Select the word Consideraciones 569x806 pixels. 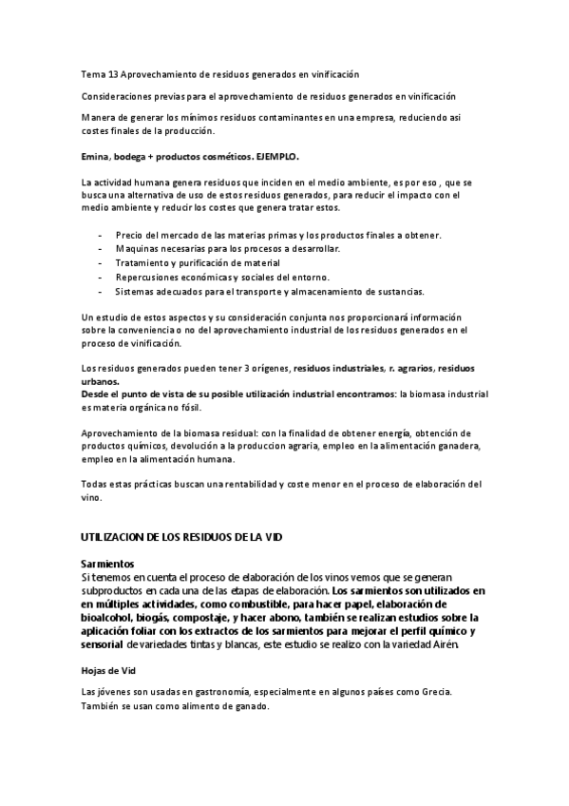[x=118, y=96]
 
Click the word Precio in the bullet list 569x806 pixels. [x=130, y=233]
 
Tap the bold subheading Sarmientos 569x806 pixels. [x=107, y=564]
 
